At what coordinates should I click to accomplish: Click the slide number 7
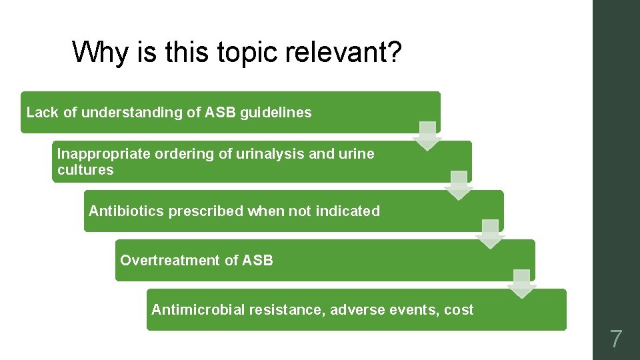click(x=616, y=339)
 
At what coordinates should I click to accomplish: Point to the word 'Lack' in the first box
click(x=42, y=113)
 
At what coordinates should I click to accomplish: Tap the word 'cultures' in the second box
click(x=85, y=170)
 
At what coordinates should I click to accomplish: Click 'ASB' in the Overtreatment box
click(x=258, y=261)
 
